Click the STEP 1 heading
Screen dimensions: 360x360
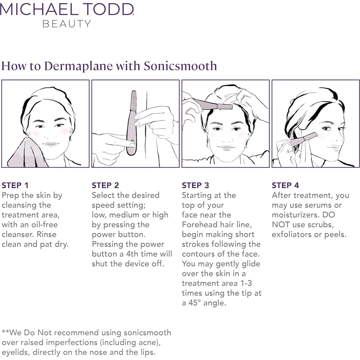[15, 185]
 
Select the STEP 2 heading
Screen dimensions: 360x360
[105, 185]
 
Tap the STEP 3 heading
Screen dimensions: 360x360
[195, 185]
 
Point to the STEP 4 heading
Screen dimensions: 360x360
[285, 185]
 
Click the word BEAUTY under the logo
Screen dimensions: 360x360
[67, 24]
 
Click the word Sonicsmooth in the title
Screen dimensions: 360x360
[180, 66]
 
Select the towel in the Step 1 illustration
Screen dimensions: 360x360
[26, 154]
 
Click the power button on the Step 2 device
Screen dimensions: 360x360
[132, 142]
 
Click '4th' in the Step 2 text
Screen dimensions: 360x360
[132, 254]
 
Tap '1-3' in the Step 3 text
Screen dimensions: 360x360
[246, 283]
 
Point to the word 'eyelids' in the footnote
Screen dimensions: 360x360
[15, 352]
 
